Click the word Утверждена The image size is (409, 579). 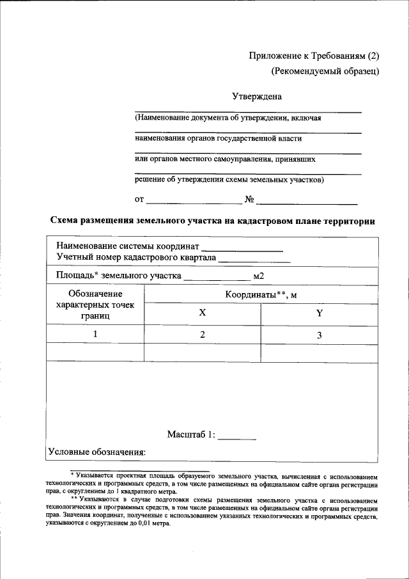pyautogui.click(x=256, y=97)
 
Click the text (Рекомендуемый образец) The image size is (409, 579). pyautogui.click(x=325, y=71)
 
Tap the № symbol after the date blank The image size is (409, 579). pyautogui.click(x=250, y=199)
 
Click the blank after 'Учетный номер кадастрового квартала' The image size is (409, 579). pyautogui.click(x=254, y=260)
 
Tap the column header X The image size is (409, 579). pyautogui.click(x=203, y=313)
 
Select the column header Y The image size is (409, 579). pyautogui.click(x=320, y=313)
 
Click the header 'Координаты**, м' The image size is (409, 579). pyautogui.click(x=261, y=295)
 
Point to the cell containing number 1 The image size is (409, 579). pyautogui.click(x=95, y=335)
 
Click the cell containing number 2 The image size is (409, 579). pyautogui.click(x=203, y=335)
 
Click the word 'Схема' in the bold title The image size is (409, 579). pyautogui.click(x=65, y=221)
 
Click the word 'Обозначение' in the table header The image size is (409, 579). pyautogui.click(x=95, y=294)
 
